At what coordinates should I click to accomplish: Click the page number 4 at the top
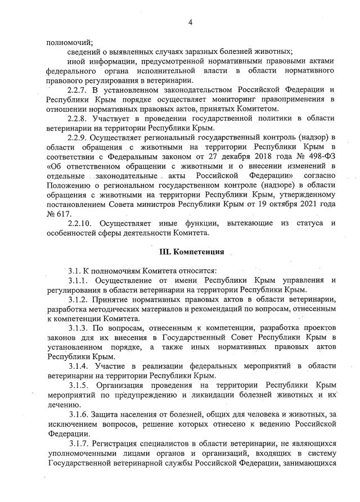[190, 22]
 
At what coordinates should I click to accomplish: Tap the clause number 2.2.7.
[77, 90]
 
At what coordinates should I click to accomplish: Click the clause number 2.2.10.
[79, 223]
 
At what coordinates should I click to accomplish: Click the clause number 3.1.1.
[78, 280]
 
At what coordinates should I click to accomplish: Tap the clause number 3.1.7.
[78, 445]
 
